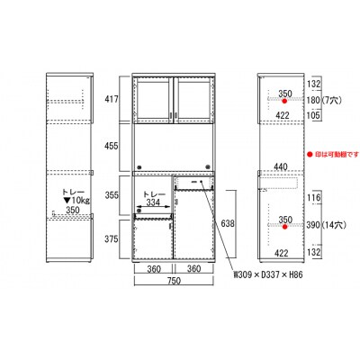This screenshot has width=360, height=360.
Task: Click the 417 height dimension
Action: [112, 99]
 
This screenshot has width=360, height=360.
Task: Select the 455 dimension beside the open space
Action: [112, 146]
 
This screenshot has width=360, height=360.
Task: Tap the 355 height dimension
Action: [112, 195]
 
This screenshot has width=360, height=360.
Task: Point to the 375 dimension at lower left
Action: [112, 239]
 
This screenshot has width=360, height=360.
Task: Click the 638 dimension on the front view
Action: [228, 223]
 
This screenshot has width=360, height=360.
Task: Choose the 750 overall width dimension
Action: [175, 281]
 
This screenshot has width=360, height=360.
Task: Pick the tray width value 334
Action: [153, 202]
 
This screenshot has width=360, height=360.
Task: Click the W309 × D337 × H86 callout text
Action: [268, 274]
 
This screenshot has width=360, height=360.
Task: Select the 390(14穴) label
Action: [326, 225]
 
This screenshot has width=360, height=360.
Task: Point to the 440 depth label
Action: [281, 166]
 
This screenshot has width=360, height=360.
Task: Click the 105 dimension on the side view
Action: [313, 115]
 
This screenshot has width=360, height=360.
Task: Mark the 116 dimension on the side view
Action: [313, 198]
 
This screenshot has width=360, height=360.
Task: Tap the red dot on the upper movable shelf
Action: [284, 102]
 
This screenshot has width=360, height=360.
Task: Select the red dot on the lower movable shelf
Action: [284, 227]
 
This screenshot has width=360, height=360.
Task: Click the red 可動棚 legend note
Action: [333, 154]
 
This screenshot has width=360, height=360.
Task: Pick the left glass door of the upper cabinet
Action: [153, 100]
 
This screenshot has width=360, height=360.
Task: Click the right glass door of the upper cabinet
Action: [194, 100]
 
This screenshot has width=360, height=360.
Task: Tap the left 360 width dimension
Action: [154, 269]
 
